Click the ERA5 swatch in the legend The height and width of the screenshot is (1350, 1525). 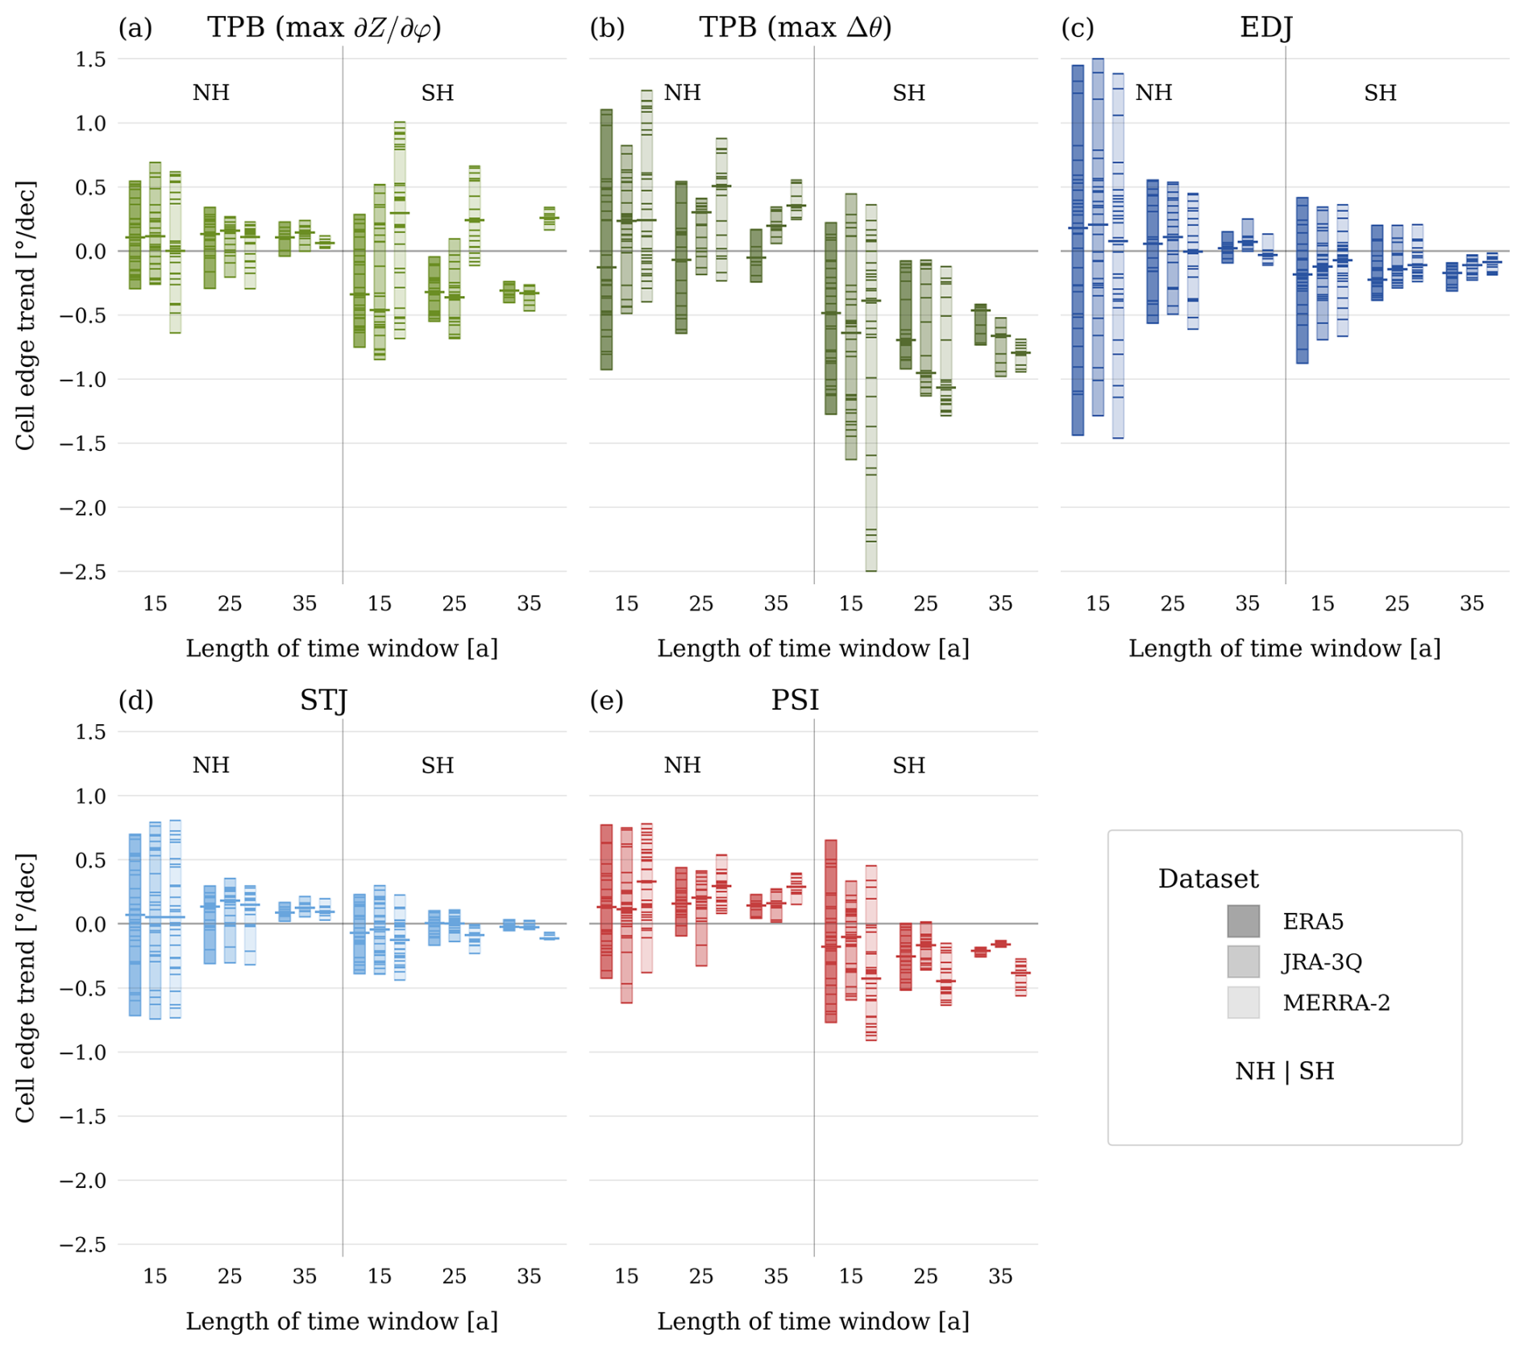point(1242,921)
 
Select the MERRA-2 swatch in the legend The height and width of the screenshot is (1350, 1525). point(1242,1002)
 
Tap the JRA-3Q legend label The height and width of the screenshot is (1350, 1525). point(1322,962)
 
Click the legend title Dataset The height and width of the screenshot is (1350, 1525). point(1207,878)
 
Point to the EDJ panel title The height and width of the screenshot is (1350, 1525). point(1265,28)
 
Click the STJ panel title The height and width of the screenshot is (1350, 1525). point(323,700)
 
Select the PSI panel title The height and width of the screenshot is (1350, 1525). point(795,700)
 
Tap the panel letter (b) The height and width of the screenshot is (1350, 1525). point(607,28)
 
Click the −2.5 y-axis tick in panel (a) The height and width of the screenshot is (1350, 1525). point(82,572)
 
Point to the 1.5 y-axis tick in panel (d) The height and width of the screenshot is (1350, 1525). point(89,731)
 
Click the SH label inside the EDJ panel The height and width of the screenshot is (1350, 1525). point(1380,93)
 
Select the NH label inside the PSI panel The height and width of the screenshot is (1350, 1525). point(682,765)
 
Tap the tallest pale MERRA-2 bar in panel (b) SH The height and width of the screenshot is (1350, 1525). point(871,387)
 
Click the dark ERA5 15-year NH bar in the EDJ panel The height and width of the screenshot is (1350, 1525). point(1078,250)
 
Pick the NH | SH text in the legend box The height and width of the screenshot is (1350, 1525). point(1284,1071)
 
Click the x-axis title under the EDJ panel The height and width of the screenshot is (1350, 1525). point(1284,648)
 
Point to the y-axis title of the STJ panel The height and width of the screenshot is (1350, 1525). point(26,988)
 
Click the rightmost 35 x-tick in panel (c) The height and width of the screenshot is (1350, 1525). point(1472,603)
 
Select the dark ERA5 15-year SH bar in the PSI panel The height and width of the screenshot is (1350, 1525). point(831,931)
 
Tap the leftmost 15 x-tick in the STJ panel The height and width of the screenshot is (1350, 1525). point(155,1276)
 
